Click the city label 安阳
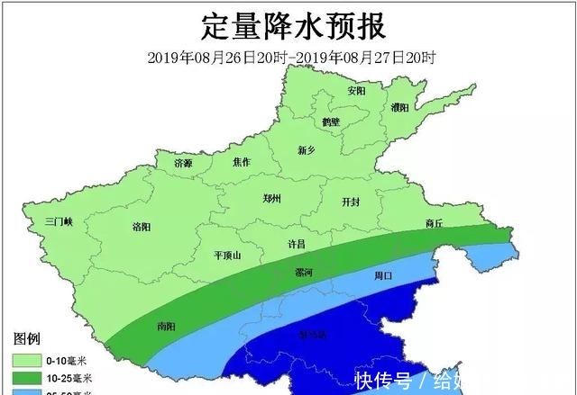[x=356, y=91]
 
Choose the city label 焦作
[x=242, y=162]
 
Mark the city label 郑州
[x=272, y=199]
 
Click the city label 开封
[x=351, y=202]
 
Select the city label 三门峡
[x=65, y=220]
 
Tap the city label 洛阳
[x=142, y=226]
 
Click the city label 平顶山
[x=226, y=256]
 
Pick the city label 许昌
[x=297, y=244]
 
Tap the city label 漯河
[x=304, y=272]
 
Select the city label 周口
[x=383, y=277]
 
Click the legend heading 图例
[x=27, y=339]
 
